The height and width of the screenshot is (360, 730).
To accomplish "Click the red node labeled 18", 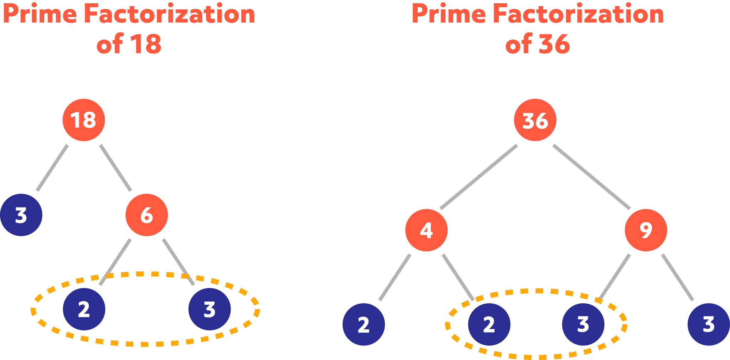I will click(x=84, y=120).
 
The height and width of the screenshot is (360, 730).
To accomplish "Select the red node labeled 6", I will click(x=146, y=215).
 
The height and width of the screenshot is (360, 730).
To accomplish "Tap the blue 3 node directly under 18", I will click(x=21, y=215).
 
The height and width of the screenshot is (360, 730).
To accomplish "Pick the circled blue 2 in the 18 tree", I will click(x=84, y=309).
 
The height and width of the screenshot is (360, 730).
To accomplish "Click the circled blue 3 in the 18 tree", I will click(x=210, y=309).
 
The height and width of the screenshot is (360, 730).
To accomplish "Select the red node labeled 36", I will click(x=535, y=120).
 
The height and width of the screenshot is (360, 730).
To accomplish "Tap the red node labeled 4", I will click(x=426, y=230).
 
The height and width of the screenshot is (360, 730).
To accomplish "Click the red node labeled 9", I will click(x=646, y=230).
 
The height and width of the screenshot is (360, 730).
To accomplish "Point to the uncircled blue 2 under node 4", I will click(x=364, y=324).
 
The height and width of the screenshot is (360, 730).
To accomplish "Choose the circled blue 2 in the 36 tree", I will click(x=489, y=324).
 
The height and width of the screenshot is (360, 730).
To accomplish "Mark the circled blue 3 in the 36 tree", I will click(x=583, y=324).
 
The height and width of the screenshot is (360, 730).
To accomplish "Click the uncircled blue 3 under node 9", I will click(x=709, y=324).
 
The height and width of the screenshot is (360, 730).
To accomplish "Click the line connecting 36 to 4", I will click(x=479, y=177).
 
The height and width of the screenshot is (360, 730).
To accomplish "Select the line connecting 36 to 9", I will click(x=592, y=177).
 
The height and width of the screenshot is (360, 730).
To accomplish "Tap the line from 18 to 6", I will click(x=115, y=168).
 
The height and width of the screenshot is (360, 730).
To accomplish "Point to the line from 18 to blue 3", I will click(x=52, y=168).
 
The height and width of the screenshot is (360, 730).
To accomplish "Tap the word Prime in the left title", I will click(x=40, y=14).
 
